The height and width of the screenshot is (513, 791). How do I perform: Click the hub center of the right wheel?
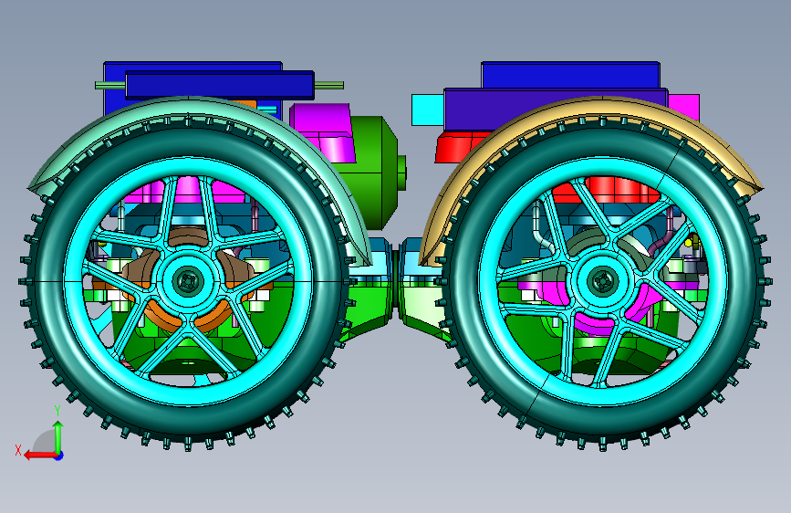[602, 281]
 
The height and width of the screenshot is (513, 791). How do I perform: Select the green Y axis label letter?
[57, 411]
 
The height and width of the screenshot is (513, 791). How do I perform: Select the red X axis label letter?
[18, 450]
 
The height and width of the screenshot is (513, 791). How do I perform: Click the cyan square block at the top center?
[428, 110]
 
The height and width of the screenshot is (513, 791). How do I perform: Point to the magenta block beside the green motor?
[323, 132]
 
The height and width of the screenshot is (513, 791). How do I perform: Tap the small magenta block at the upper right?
[684, 106]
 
